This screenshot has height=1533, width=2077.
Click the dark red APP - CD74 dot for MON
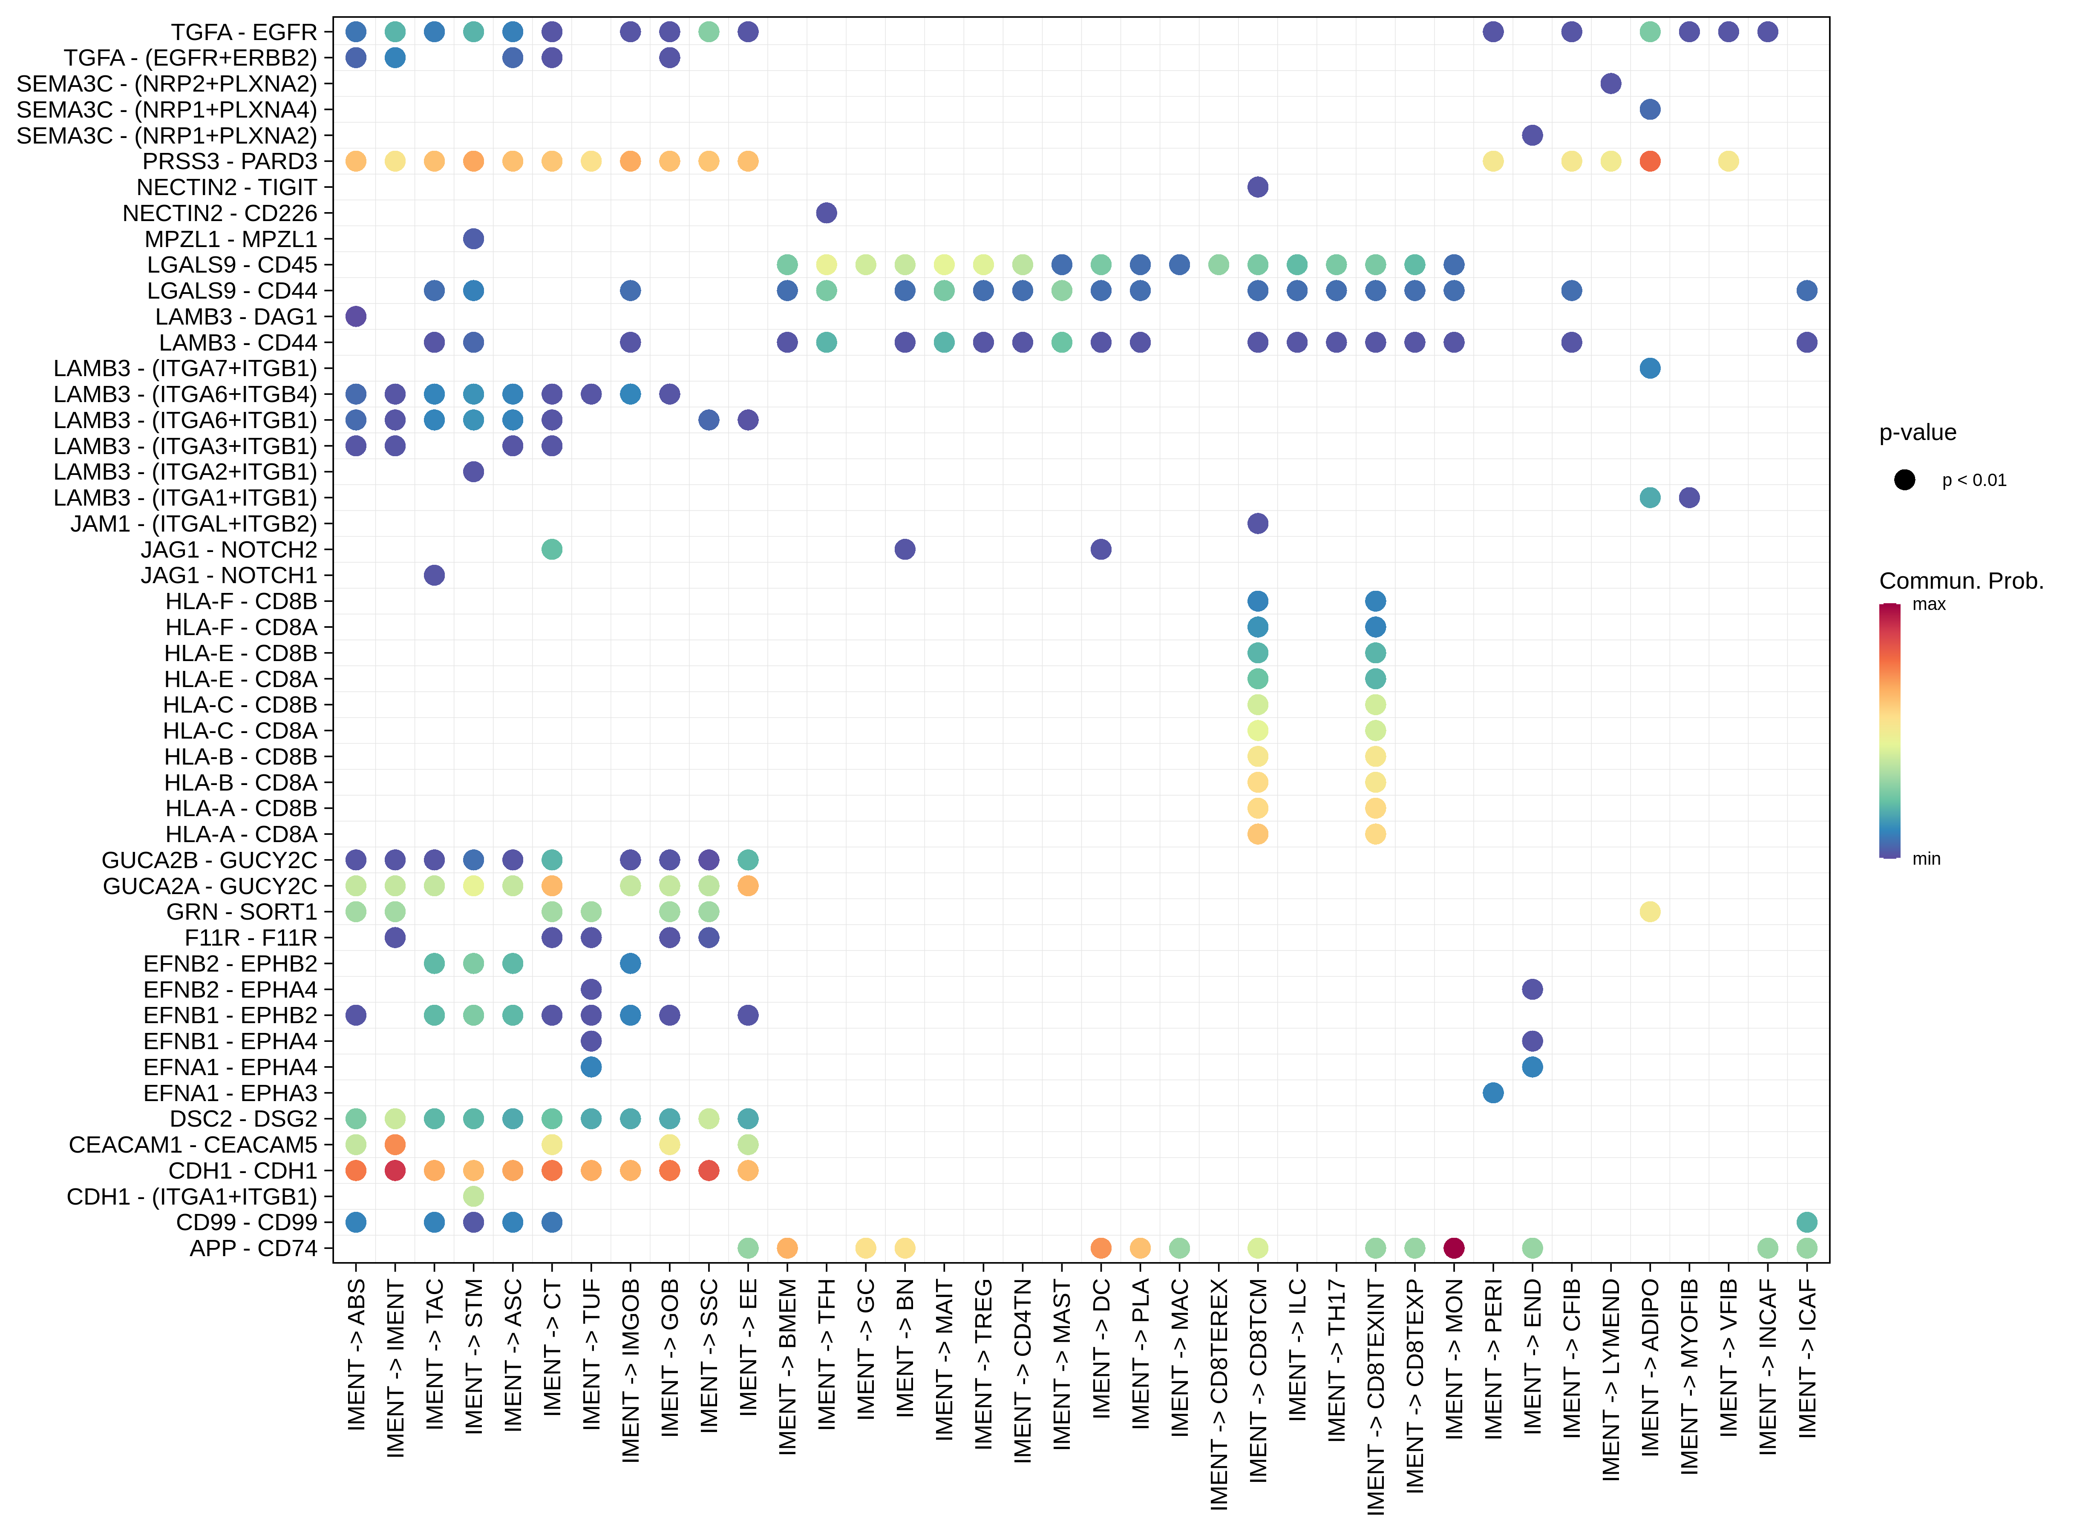pyautogui.click(x=1454, y=1248)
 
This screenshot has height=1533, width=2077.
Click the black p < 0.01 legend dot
pyautogui.click(x=1904, y=480)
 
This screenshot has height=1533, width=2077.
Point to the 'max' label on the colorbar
pyautogui.click(x=1928, y=605)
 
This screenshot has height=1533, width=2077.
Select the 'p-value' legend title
pyautogui.click(x=1917, y=432)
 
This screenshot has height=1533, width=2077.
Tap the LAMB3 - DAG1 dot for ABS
pyautogui.click(x=355, y=316)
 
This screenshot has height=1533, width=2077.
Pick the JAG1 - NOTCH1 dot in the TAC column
pyautogui.click(x=434, y=575)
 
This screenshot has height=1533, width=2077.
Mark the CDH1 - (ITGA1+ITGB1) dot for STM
pyautogui.click(x=473, y=1196)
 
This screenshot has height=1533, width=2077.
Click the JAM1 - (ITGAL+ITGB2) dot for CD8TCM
pyautogui.click(x=1258, y=523)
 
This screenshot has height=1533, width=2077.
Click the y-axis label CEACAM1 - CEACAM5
pyautogui.click(x=193, y=1145)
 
